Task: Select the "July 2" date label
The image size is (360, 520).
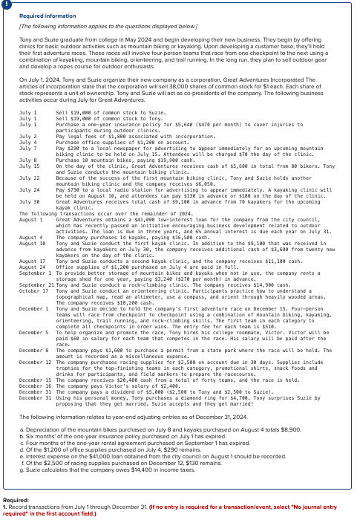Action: (x=27, y=137)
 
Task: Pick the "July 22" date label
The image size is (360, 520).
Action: (x=28, y=178)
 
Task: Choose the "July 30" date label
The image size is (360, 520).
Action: (x=28, y=200)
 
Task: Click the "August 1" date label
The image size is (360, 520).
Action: (x=30, y=219)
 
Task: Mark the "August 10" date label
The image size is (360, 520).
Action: (x=32, y=242)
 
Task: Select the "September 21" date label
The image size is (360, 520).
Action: (x=36, y=282)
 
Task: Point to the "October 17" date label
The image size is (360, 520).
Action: (x=33, y=287)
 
